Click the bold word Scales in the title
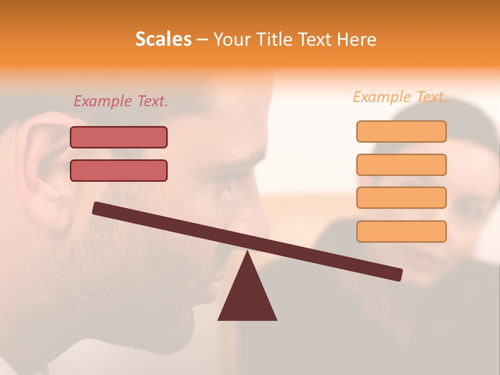(163, 39)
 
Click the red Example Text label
(121, 101)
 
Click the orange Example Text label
(400, 97)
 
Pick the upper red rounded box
(119, 137)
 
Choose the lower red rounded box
(119, 170)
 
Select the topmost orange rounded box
(401, 132)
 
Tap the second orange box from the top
(401, 165)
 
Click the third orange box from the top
(401, 198)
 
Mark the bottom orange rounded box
(401, 231)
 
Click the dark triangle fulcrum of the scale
(247, 297)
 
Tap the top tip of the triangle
(247, 253)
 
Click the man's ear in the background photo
(44, 167)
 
